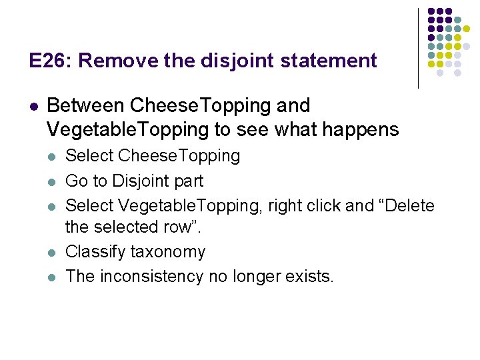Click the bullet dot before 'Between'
(34, 106)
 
